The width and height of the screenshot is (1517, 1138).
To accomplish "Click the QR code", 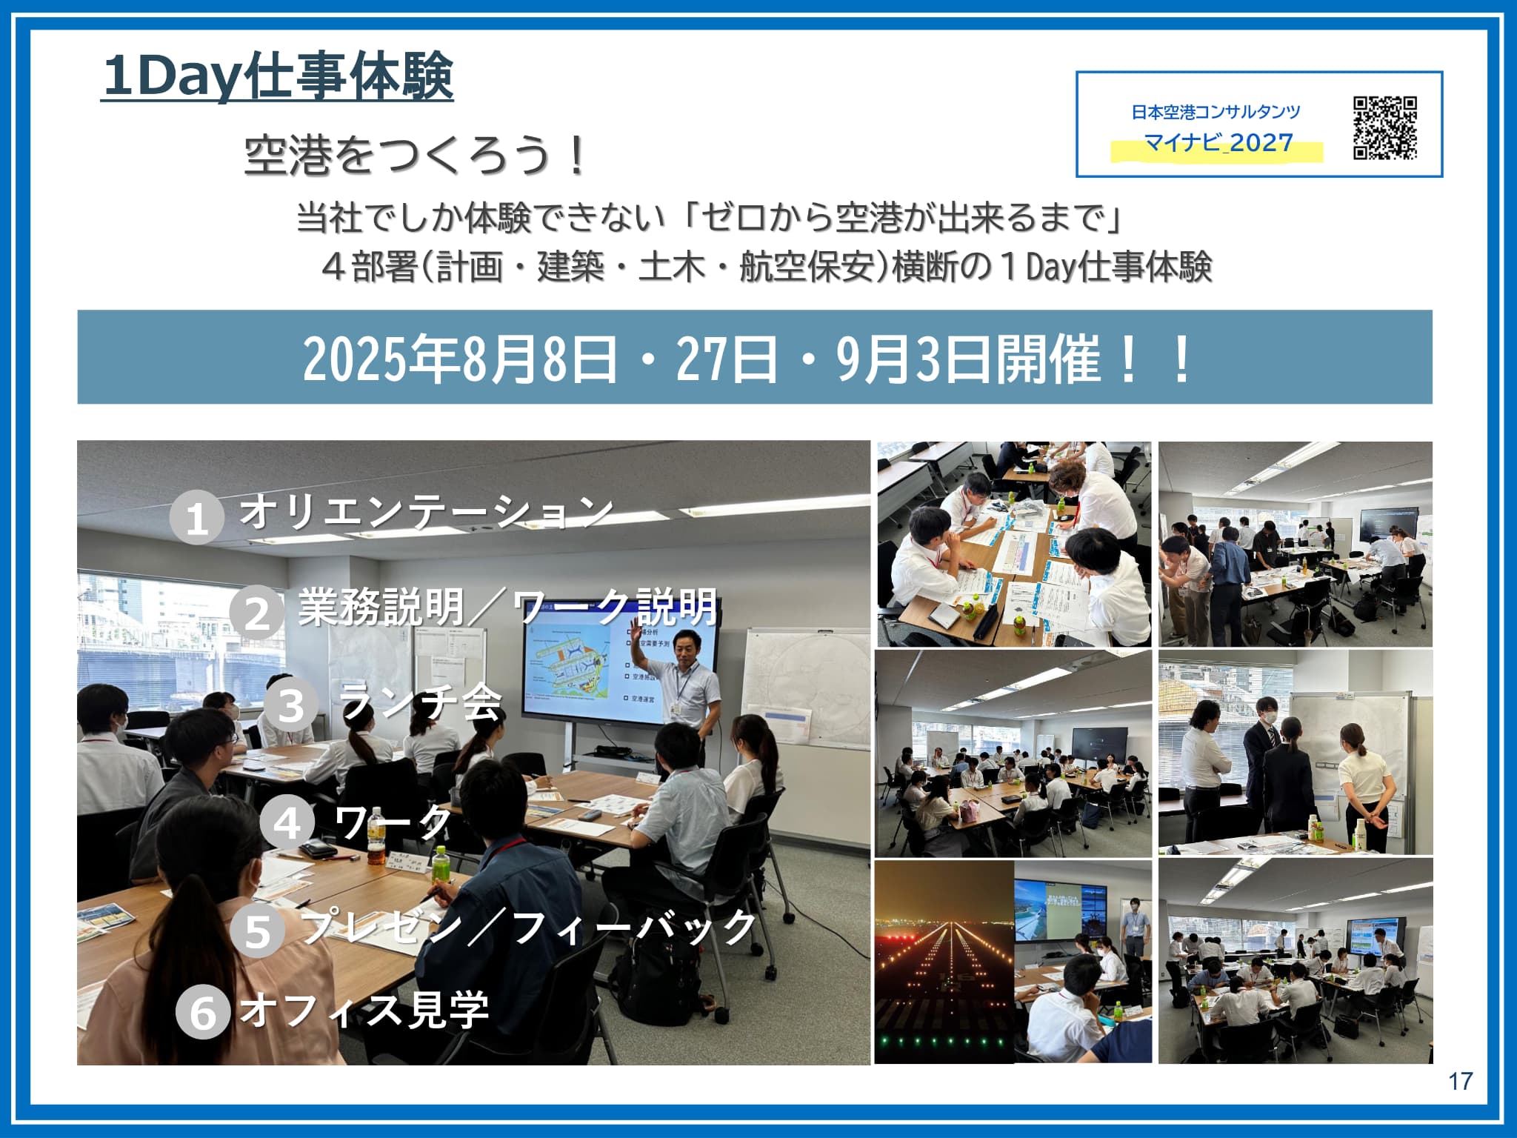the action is [x=1385, y=127].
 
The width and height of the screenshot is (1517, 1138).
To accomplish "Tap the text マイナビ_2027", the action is [x=1218, y=142].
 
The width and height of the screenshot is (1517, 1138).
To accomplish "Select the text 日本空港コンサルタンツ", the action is [x=1216, y=112].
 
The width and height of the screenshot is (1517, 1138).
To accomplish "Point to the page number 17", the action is [x=1460, y=1082].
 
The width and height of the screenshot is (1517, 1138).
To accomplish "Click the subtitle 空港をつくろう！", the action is [x=415, y=155].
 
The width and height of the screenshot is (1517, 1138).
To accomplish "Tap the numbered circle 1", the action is [x=196, y=518].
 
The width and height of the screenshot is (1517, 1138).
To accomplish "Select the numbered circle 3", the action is [x=291, y=705].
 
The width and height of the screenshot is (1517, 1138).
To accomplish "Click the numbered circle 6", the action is [x=203, y=1013].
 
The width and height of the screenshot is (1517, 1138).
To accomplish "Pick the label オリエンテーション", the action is [x=426, y=511].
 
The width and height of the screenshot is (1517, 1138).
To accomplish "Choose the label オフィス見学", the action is [x=364, y=1009].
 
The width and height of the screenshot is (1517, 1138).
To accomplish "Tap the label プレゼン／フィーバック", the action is [x=528, y=926].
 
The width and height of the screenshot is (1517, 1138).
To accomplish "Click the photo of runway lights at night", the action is [x=944, y=962].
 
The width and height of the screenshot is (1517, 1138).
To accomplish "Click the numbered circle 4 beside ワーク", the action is [x=287, y=823].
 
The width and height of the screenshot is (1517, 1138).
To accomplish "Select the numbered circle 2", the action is [x=256, y=613].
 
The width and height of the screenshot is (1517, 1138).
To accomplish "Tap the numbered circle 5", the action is [x=257, y=931].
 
